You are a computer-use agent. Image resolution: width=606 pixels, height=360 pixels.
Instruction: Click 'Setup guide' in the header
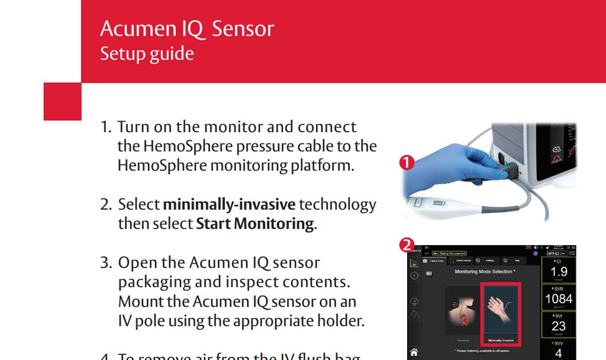point(147,54)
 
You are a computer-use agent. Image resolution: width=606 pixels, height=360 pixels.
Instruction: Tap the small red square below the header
point(63,101)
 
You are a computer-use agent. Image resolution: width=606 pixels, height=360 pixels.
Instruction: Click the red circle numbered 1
point(407,162)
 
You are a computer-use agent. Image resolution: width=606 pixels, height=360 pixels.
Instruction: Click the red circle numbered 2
point(407,245)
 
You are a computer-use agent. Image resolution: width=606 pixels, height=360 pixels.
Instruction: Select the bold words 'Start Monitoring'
point(254,224)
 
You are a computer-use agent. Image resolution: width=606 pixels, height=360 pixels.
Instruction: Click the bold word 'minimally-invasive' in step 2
point(229,205)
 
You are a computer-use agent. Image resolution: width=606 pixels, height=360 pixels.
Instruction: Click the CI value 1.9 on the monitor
point(559,271)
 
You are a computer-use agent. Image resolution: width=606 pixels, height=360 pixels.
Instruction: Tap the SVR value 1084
point(559,299)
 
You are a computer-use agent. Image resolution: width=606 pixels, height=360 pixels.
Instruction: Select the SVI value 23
point(559,326)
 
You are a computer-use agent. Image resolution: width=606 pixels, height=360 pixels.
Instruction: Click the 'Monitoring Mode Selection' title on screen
point(483,272)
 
